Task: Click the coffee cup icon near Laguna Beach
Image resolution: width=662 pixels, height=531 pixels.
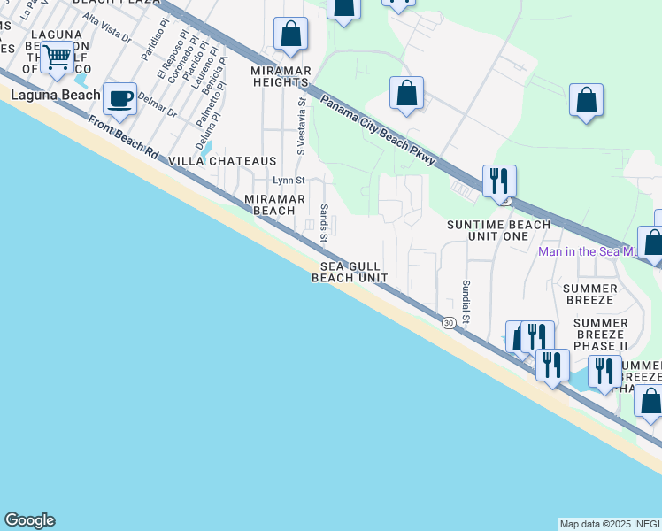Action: (x=119, y=98)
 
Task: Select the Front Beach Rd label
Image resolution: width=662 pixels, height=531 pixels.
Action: (x=122, y=137)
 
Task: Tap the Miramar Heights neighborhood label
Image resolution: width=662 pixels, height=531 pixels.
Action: (x=279, y=76)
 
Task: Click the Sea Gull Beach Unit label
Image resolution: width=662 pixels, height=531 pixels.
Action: (x=350, y=272)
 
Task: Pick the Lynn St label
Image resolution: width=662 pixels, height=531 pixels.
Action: (x=289, y=181)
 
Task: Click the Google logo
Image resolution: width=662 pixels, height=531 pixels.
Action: (x=29, y=520)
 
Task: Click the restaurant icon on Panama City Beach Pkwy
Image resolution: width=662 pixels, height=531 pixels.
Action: (x=499, y=181)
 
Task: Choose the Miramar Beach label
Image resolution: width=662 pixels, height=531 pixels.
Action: (x=268, y=204)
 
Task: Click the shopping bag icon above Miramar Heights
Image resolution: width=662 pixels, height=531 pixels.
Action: (x=290, y=35)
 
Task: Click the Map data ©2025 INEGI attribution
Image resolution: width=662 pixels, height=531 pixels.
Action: (x=609, y=524)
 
